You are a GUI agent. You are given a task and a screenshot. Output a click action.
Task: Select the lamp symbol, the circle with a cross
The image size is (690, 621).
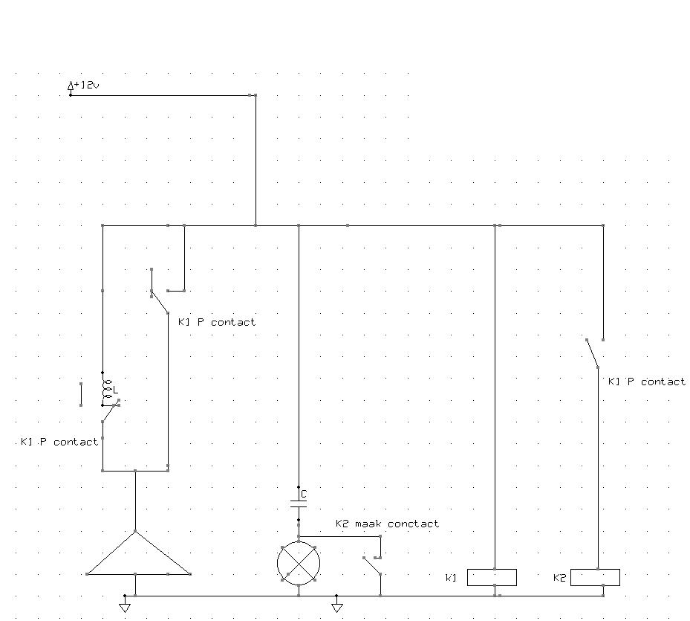299,564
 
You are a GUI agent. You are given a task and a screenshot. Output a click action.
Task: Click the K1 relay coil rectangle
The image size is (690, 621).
492,577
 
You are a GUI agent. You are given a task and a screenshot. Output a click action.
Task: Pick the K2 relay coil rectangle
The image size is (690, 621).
595,577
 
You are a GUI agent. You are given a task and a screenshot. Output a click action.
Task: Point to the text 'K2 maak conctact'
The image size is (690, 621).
387,524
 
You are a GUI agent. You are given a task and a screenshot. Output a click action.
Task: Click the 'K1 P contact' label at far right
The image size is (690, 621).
647,382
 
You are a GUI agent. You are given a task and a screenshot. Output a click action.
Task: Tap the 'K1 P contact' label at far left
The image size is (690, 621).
59,442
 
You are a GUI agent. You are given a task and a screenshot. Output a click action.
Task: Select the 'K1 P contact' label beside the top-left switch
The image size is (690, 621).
217,322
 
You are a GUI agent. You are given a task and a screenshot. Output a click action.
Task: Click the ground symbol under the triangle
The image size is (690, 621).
125,606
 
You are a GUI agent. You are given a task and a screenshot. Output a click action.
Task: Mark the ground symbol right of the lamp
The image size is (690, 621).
337,606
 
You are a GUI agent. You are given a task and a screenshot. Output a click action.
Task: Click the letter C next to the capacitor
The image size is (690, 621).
304,494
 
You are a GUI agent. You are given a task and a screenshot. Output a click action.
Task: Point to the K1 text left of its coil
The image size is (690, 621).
451,578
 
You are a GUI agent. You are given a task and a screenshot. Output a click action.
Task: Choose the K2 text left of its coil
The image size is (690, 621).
560,578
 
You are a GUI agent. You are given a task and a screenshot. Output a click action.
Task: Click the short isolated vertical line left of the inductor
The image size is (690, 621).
80,394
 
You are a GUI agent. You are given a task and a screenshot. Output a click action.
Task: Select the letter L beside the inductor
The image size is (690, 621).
115,390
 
